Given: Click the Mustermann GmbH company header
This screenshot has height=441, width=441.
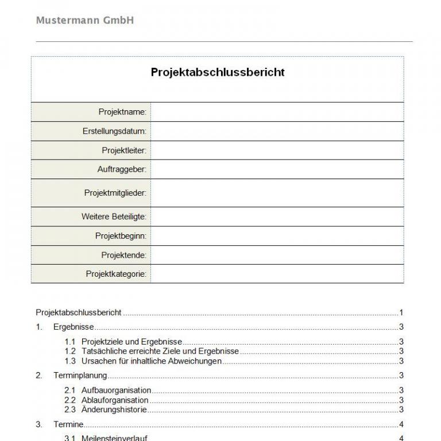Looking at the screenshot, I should [84, 21].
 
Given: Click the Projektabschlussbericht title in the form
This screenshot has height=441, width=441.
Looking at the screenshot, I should [218, 72].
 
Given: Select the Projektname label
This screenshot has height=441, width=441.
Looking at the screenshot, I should [122, 112].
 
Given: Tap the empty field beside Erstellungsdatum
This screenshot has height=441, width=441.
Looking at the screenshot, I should [277, 131].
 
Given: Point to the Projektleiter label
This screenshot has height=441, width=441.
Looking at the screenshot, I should [124, 150].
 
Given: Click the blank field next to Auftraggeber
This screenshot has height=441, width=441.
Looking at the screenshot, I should [277, 169].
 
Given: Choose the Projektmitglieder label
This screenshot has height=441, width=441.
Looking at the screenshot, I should [115, 193].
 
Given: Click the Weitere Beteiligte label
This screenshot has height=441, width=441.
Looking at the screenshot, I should [114, 217].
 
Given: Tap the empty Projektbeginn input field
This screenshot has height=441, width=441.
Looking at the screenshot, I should [277, 236].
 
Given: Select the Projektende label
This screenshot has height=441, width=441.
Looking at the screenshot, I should [123, 255].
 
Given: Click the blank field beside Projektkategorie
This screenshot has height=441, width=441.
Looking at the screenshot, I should [277, 274].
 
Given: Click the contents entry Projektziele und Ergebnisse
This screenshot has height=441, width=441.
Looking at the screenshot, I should [131, 342].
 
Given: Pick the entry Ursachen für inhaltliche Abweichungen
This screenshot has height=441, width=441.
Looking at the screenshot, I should [151, 361].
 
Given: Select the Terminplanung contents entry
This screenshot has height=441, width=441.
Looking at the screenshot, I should [80, 376].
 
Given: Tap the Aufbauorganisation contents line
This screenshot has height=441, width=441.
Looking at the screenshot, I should [116, 390].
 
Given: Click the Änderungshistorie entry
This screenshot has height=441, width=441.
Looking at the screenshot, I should [114, 410].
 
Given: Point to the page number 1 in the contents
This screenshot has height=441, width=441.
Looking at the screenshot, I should [401, 313].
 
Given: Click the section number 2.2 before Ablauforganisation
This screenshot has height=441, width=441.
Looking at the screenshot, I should [70, 400].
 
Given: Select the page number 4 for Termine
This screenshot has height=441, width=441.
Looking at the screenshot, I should [401, 425].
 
